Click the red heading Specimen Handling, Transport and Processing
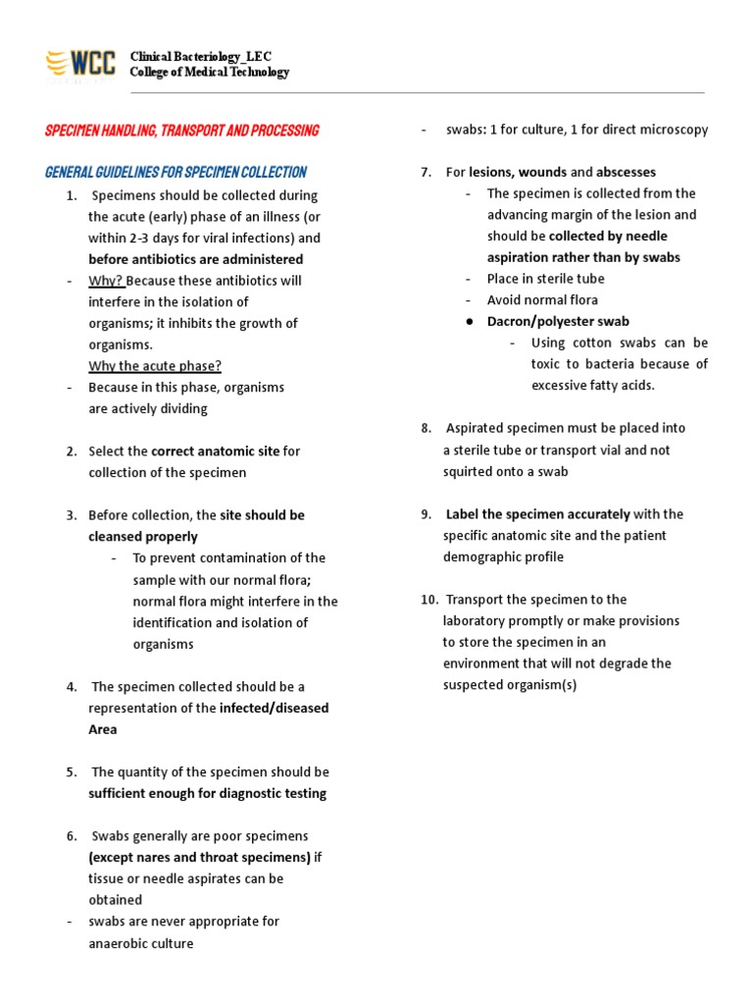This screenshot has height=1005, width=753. click(181, 131)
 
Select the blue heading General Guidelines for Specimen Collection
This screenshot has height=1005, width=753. click(176, 172)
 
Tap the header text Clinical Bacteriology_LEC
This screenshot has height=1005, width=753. click(201, 57)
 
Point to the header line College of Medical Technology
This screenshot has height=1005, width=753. click(210, 73)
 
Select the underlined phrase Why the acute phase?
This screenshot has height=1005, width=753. click(155, 366)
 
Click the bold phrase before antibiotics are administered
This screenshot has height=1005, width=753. click(195, 259)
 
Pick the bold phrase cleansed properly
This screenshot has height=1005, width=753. click(143, 537)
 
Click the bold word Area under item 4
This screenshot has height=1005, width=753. click(103, 729)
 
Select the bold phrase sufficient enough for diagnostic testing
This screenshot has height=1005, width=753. click(208, 793)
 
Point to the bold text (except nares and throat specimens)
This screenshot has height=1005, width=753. click(200, 857)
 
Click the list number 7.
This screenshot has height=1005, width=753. click(427, 172)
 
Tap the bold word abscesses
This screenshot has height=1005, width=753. click(626, 172)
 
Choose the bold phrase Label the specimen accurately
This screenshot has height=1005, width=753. click(537, 514)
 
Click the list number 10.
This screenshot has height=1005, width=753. click(427, 600)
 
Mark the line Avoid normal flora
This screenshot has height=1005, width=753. click(542, 300)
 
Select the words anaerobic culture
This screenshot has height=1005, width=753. click(141, 943)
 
